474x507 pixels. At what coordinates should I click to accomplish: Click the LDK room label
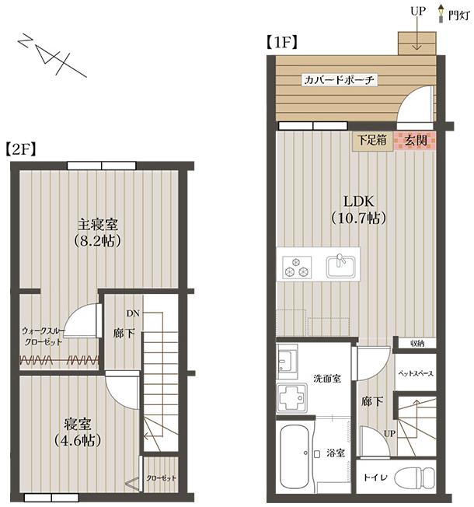tap(358, 201)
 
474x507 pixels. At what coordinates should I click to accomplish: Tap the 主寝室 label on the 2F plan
tap(98, 225)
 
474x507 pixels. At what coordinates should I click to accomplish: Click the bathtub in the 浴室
tap(294, 456)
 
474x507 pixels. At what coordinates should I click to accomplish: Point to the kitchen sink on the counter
tap(340, 267)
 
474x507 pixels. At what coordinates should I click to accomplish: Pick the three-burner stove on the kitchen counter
tap(297, 267)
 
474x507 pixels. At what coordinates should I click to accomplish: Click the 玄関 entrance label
tap(416, 141)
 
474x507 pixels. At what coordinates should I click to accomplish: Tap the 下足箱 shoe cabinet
tap(372, 142)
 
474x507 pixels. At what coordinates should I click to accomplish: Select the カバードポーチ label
tap(340, 80)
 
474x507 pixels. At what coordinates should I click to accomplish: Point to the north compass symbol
tap(52, 55)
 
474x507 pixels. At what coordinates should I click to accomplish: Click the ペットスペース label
tap(416, 373)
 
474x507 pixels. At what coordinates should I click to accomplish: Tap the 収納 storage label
tap(417, 344)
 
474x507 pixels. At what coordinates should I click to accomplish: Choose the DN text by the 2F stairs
tap(133, 313)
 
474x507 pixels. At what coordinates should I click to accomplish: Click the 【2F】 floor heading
tap(21, 149)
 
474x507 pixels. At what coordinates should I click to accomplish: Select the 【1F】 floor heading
tap(282, 42)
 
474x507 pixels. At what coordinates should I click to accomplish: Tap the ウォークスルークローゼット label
tap(44, 336)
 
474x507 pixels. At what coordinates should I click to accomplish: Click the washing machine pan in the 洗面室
tap(291, 397)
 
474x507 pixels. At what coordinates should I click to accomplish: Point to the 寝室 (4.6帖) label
tap(78, 432)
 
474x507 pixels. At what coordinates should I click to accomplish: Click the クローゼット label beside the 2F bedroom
tap(161, 478)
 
